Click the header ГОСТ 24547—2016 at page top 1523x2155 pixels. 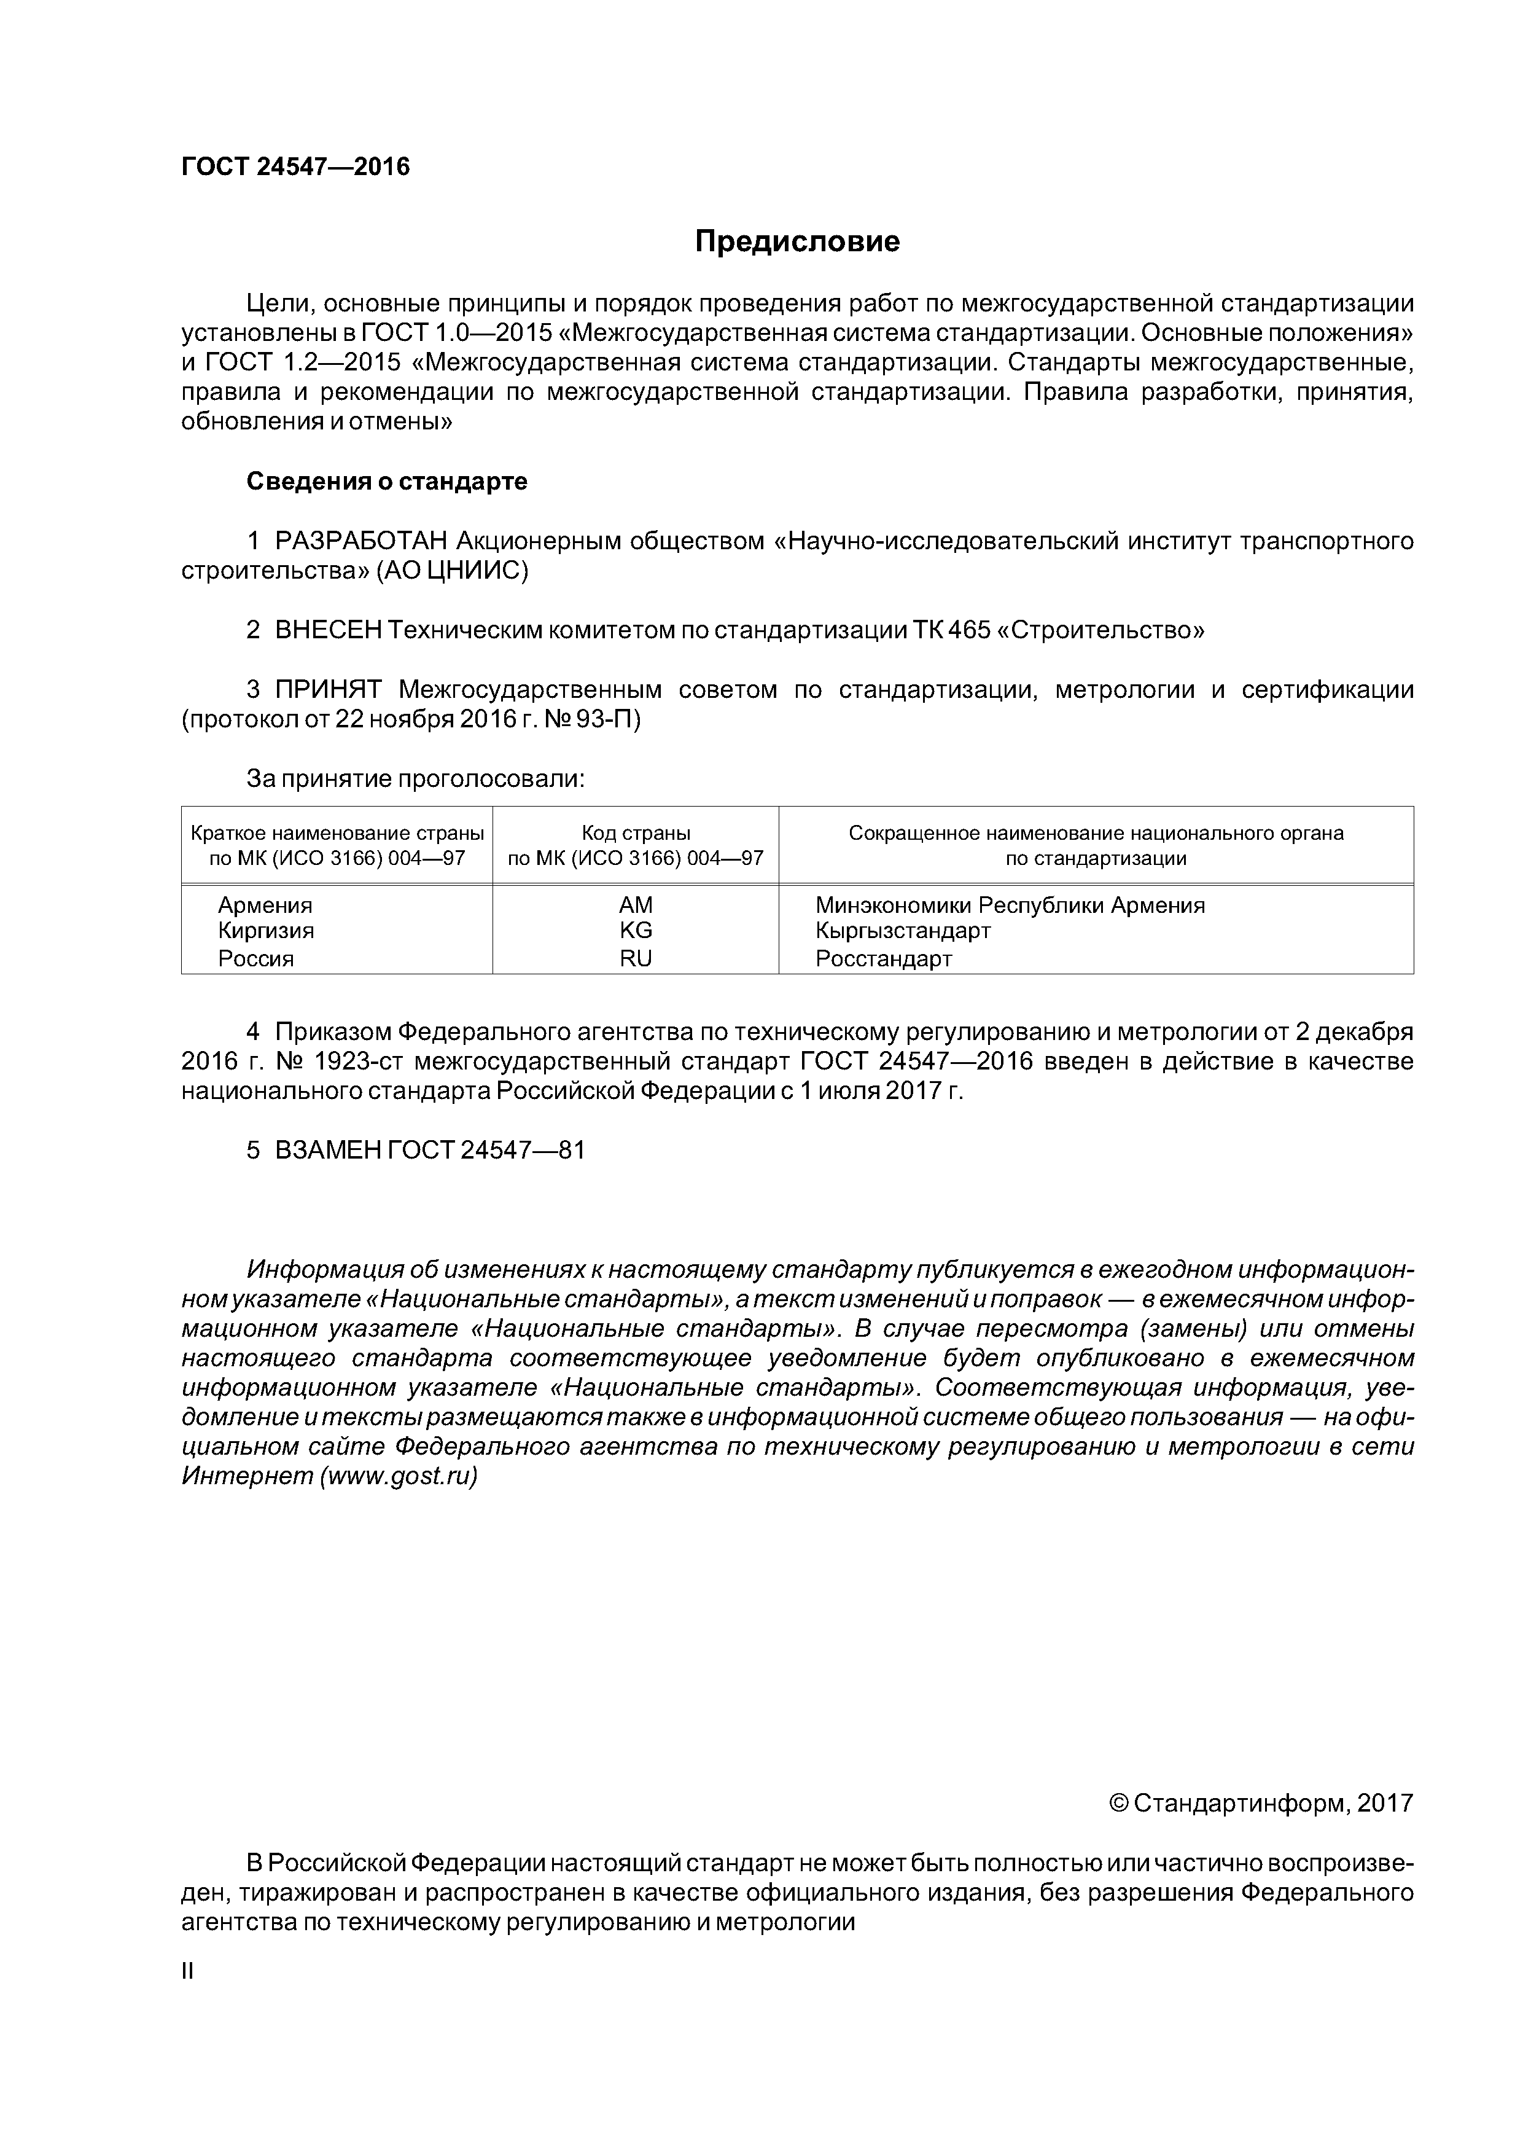coord(295,167)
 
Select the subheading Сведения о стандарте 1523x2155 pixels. coord(387,482)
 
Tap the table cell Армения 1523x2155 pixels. coord(265,905)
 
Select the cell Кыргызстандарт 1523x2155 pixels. coord(903,930)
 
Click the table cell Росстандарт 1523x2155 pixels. coord(883,958)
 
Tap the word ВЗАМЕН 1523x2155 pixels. coord(327,1150)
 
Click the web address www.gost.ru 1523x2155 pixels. coord(399,1476)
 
